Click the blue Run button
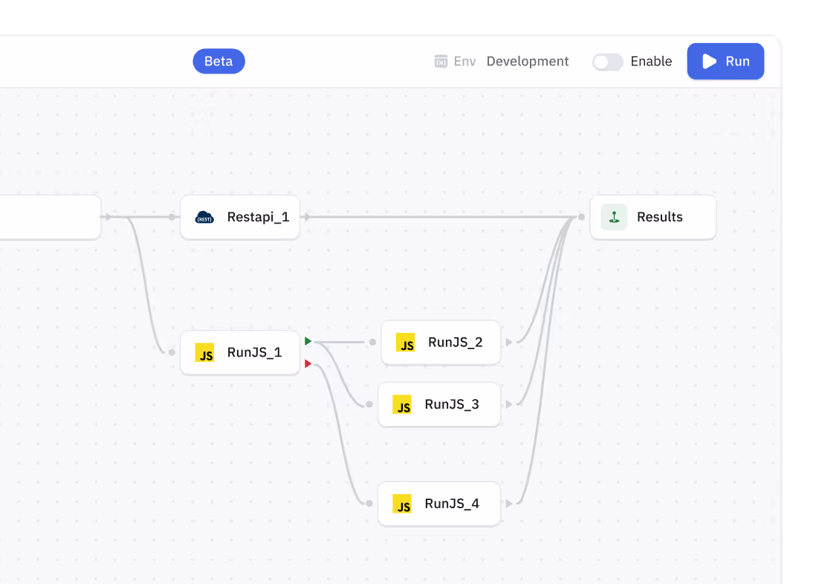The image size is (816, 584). (725, 62)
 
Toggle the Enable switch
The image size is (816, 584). (607, 62)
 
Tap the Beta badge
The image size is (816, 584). (218, 62)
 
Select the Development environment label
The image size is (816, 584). (527, 62)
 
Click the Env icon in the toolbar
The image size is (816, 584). (441, 62)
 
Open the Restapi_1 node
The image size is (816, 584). (240, 217)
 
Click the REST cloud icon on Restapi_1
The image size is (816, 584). (204, 217)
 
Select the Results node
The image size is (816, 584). (653, 217)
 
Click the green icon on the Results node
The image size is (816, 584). (614, 217)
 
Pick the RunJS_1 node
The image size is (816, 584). (240, 352)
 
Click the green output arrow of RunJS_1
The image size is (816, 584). (308, 341)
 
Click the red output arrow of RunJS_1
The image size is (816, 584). (308, 363)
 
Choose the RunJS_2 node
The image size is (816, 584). (441, 342)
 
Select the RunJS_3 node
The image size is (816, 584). (439, 404)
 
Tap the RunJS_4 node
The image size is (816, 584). (439, 503)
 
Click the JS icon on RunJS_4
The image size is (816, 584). (402, 504)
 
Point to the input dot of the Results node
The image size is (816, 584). (581, 217)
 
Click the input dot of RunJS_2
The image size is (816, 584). (372, 342)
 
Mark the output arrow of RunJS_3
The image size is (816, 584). (509, 404)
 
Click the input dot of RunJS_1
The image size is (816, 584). (172, 352)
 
